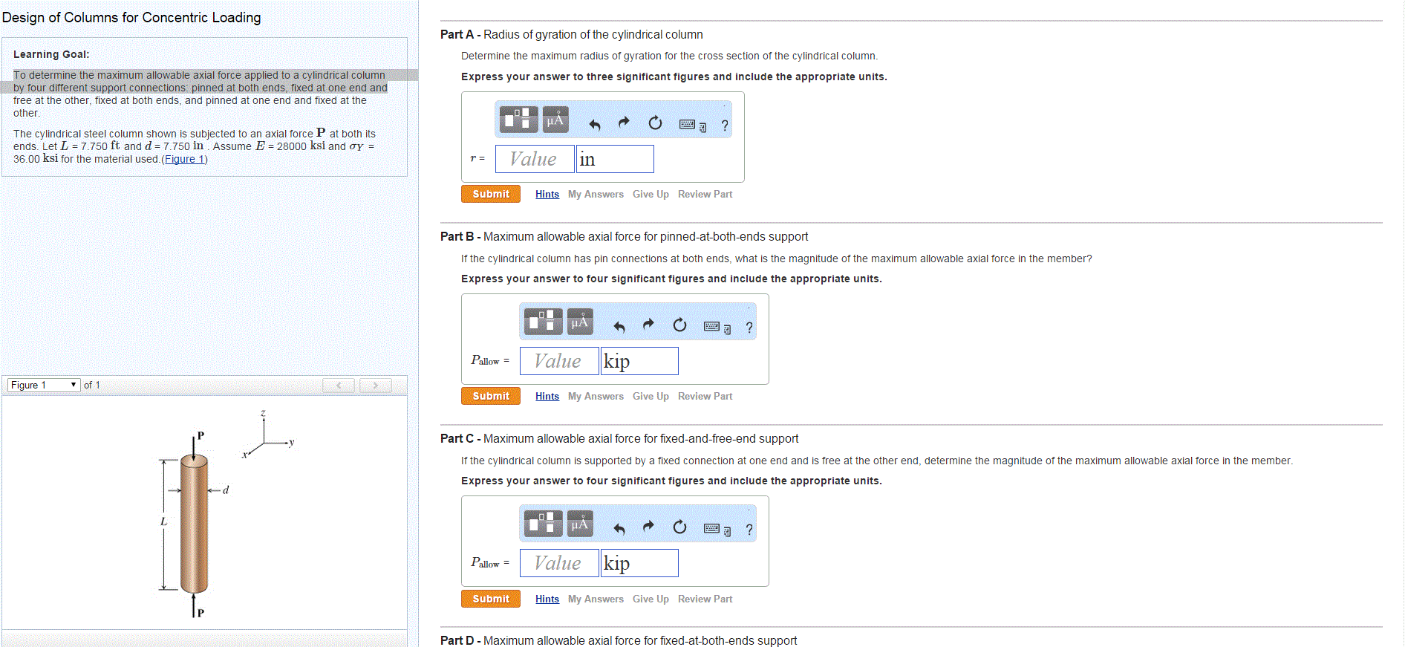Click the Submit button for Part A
pyautogui.click(x=490, y=194)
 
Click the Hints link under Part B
pyautogui.click(x=547, y=397)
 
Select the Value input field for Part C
pyautogui.click(x=558, y=563)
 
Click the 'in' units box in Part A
pyautogui.click(x=615, y=159)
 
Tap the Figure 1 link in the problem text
pyautogui.click(x=184, y=159)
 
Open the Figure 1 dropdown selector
pyautogui.click(x=43, y=385)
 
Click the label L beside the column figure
pyautogui.click(x=163, y=521)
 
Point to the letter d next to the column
pyautogui.click(x=226, y=490)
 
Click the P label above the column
pyautogui.click(x=201, y=435)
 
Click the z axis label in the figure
pyautogui.click(x=263, y=413)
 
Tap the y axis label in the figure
pyautogui.click(x=292, y=442)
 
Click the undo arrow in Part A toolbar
pyautogui.click(x=594, y=123)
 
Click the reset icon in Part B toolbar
pyautogui.click(x=679, y=325)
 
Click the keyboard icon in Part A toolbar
pyautogui.click(x=688, y=124)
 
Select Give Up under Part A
pyautogui.click(x=651, y=195)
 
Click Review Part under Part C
pyautogui.click(x=705, y=599)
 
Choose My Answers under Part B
pyautogui.click(x=596, y=397)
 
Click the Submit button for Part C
pyautogui.click(x=490, y=599)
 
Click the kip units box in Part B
pyautogui.click(x=639, y=361)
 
